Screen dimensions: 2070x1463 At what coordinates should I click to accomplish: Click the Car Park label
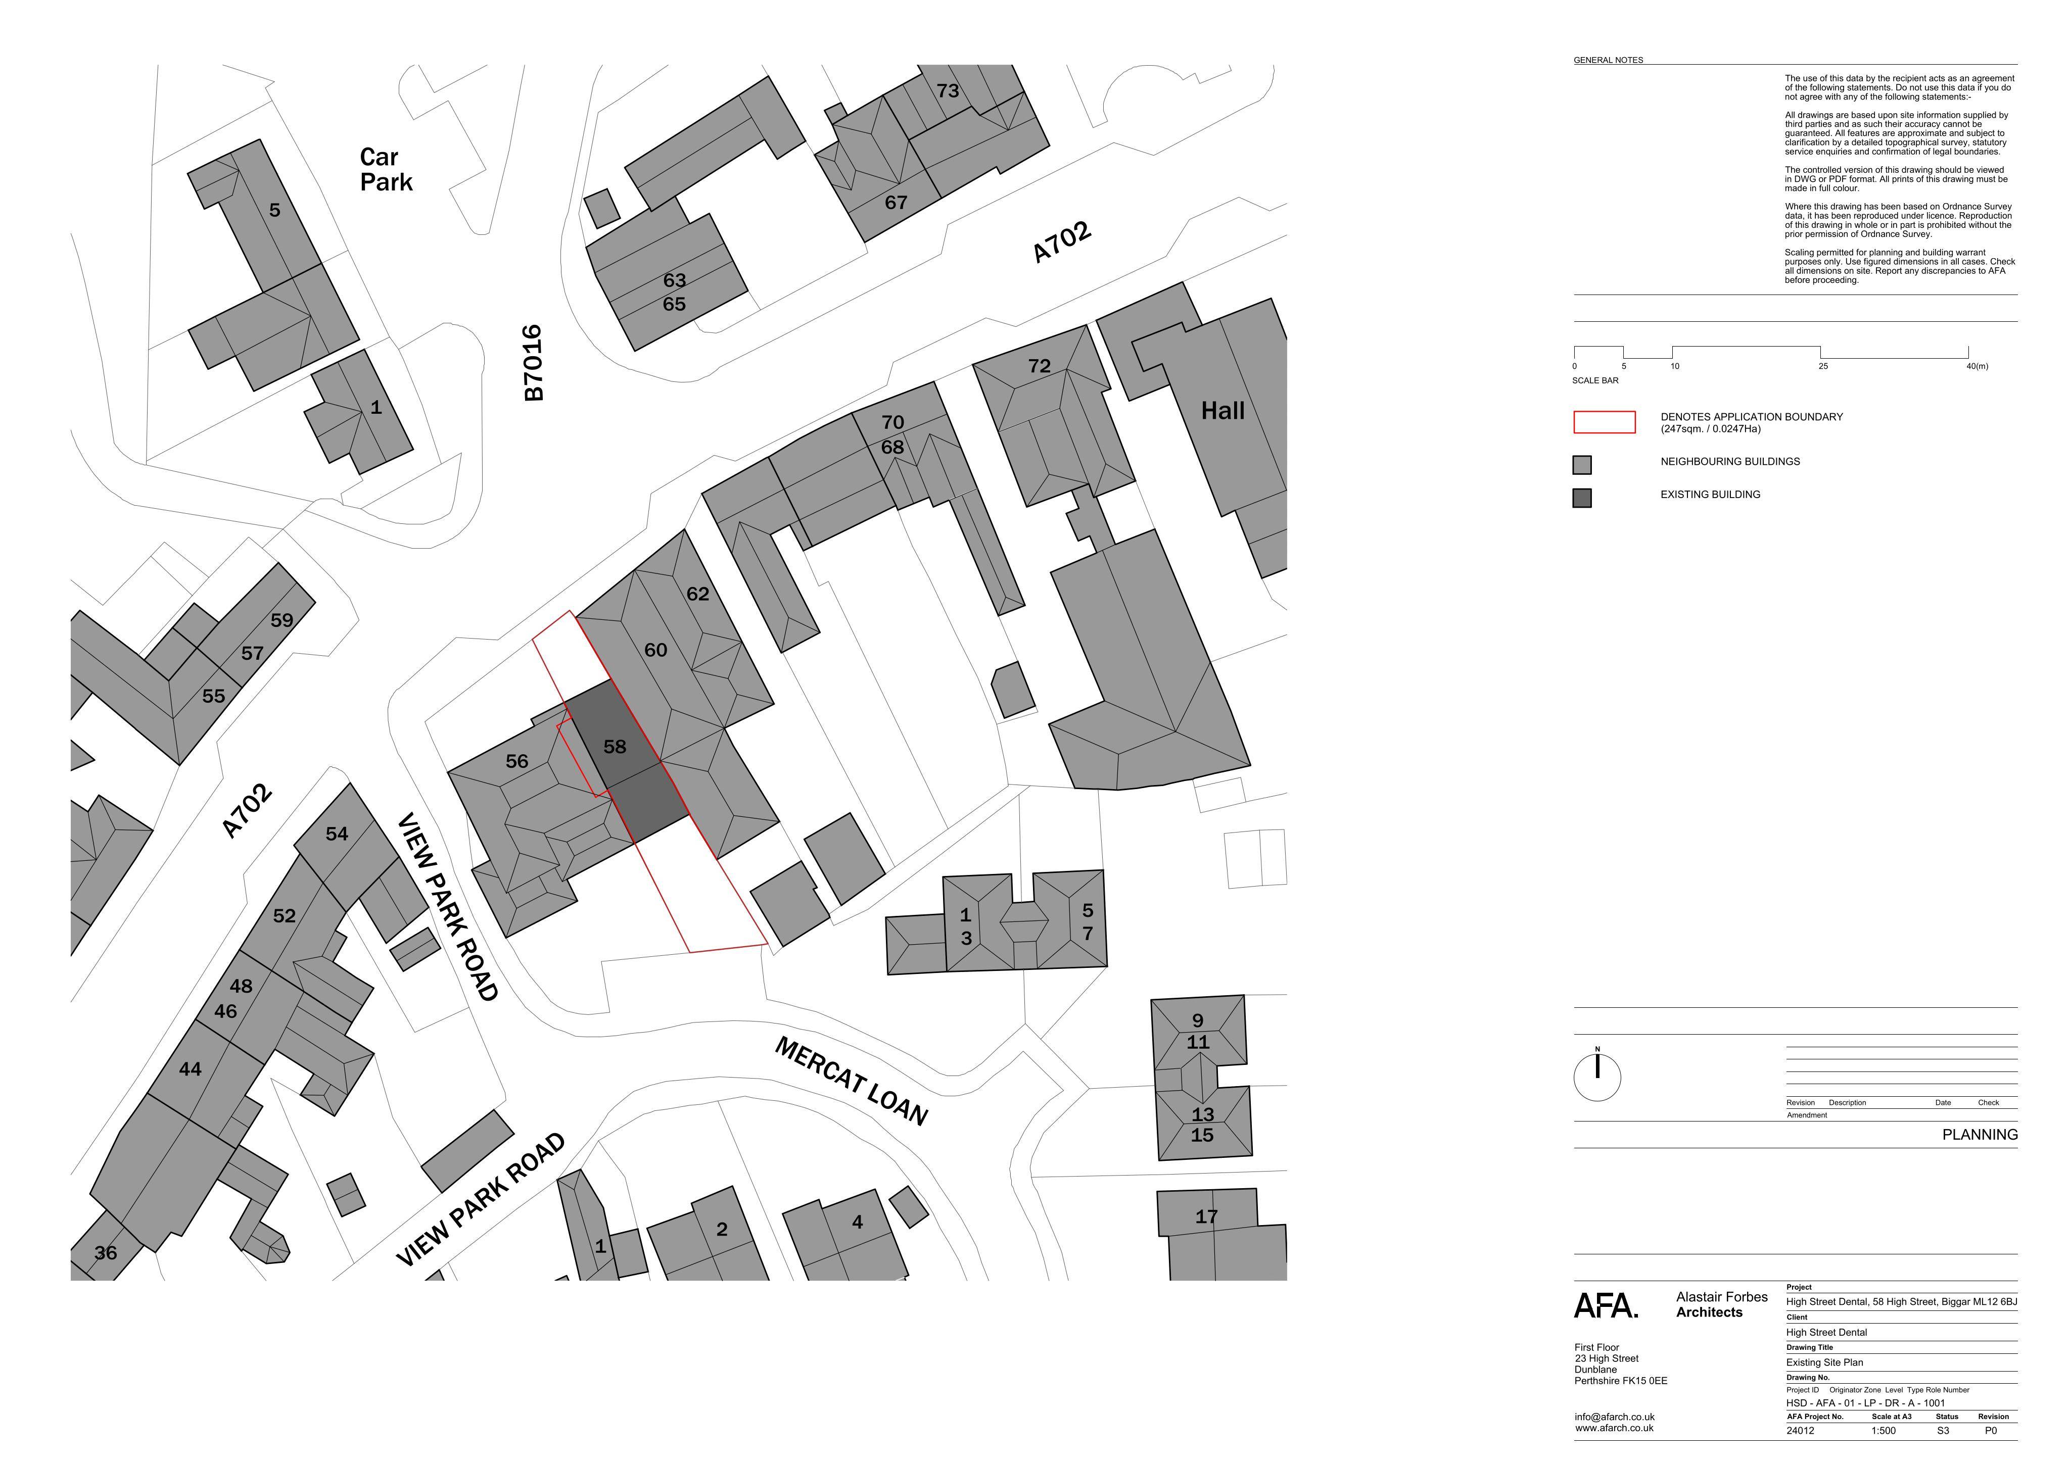pyautogui.click(x=386, y=169)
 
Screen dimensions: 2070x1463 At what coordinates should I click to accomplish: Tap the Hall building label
pyautogui.click(x=1222, y=411)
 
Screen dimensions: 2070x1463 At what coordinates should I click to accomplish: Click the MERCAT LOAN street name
pyautogui.click(x=851, y=1081)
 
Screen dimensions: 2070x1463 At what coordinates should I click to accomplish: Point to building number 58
pyautogui.click(x=615, y=746)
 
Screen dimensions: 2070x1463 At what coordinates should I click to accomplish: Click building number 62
pyautogui.click(x=698, y=594)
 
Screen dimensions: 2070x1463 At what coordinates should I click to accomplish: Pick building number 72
pyautogui.click(x=1040, y=366)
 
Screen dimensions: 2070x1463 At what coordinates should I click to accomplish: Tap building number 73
pyautogui.click(x=948, y=91)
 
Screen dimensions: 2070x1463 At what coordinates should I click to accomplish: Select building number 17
pyautogui.click(x=1206, y=1217)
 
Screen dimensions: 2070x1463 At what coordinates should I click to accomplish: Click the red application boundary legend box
pyautogui.click(x=1604, y=422)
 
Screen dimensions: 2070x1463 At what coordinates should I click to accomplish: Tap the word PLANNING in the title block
pyautogui.click(x=1980, y=1135)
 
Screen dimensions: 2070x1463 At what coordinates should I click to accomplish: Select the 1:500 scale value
pyautogui.click(x=1884, y=1431)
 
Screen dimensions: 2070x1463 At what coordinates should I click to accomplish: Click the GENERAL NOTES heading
pyautogui.click(x=1609, y=61)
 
